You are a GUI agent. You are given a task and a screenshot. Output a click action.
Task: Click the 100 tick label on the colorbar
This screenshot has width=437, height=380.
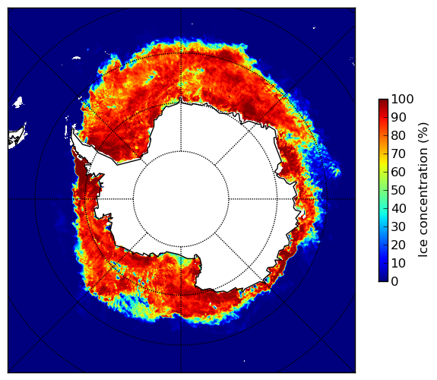(x=402, y=99)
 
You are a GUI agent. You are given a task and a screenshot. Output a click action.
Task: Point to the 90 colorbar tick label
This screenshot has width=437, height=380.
(x=398, y=117)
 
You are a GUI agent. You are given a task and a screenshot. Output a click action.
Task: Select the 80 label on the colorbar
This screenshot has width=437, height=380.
(x=398, y=135)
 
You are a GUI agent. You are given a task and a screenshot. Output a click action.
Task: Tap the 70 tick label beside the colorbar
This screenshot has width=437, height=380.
(x=398, y=154)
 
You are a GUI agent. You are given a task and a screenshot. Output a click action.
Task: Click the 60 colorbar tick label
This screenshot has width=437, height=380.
(x=398, y=172)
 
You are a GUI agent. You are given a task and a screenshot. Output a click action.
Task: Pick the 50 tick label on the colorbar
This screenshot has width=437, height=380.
(x=398, y=191)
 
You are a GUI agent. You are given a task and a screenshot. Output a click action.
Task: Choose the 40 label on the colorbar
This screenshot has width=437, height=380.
(x=398, y=208)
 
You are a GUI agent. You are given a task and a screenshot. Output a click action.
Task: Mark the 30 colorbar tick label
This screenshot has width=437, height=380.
(x=398, y=227)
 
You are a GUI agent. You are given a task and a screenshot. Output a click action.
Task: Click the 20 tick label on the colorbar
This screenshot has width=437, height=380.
(x=398, y=245)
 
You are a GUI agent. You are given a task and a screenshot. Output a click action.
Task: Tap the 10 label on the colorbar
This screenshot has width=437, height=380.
(x=398, y=264)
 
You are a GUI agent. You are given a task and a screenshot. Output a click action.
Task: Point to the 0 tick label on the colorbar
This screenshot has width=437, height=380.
(x=394, y=282)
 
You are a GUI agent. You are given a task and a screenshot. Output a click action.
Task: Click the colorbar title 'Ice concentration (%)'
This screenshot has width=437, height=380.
(x=423, y=190)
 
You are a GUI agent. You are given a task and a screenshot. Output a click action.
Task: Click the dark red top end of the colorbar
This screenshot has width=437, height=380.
(x=383, y=101)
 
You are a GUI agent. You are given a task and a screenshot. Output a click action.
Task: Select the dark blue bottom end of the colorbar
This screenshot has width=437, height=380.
(x=383, y=280)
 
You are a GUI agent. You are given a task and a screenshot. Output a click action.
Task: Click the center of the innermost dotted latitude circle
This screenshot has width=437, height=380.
(x=181, y=199)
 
